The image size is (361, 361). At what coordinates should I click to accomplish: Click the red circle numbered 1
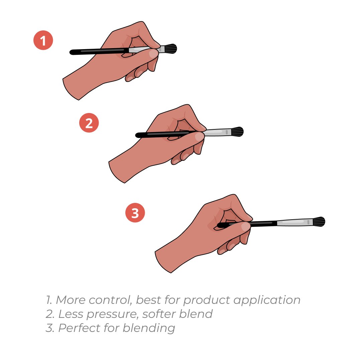coord(43,40)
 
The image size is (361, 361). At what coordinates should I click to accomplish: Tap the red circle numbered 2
coord(89,123)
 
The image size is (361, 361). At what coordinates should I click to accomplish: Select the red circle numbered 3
coord(135,213)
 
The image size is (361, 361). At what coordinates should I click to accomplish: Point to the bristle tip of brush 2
coord(243,131)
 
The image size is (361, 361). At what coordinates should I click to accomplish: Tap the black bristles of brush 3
coord(319,222)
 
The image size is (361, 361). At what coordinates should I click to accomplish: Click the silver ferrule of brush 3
coord(295,222)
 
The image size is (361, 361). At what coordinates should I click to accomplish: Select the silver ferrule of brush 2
coord(218,132)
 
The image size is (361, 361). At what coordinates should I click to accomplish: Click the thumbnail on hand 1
coord(153,54)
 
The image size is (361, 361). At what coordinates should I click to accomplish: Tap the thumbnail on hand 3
coord(245,226)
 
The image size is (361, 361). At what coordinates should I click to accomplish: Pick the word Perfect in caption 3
coord(79,328)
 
